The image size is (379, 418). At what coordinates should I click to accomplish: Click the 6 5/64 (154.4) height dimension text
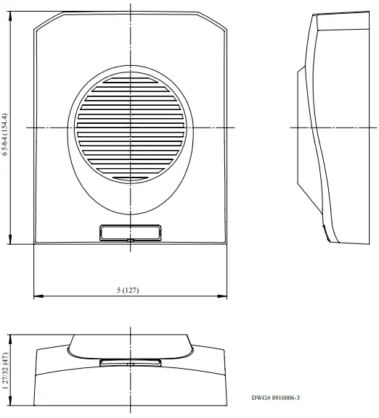[5, 134]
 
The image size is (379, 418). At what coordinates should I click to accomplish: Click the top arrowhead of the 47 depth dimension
[10, 337]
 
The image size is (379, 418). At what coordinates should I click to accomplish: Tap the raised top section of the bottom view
[131, 344]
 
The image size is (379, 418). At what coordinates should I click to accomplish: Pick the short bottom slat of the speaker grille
[129, 177]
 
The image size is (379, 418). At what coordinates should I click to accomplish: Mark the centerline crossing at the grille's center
[129, 128]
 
